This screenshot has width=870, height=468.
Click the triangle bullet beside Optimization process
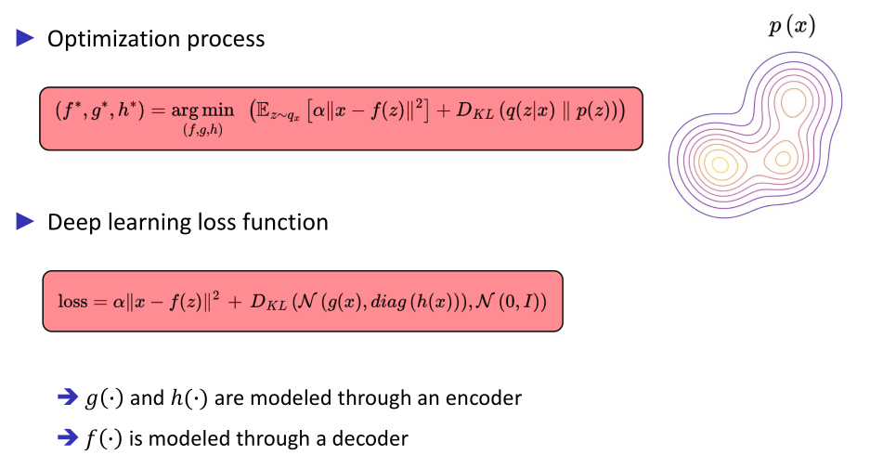(x=25, y=38)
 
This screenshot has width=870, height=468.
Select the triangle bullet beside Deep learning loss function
(x=25, y=222)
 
